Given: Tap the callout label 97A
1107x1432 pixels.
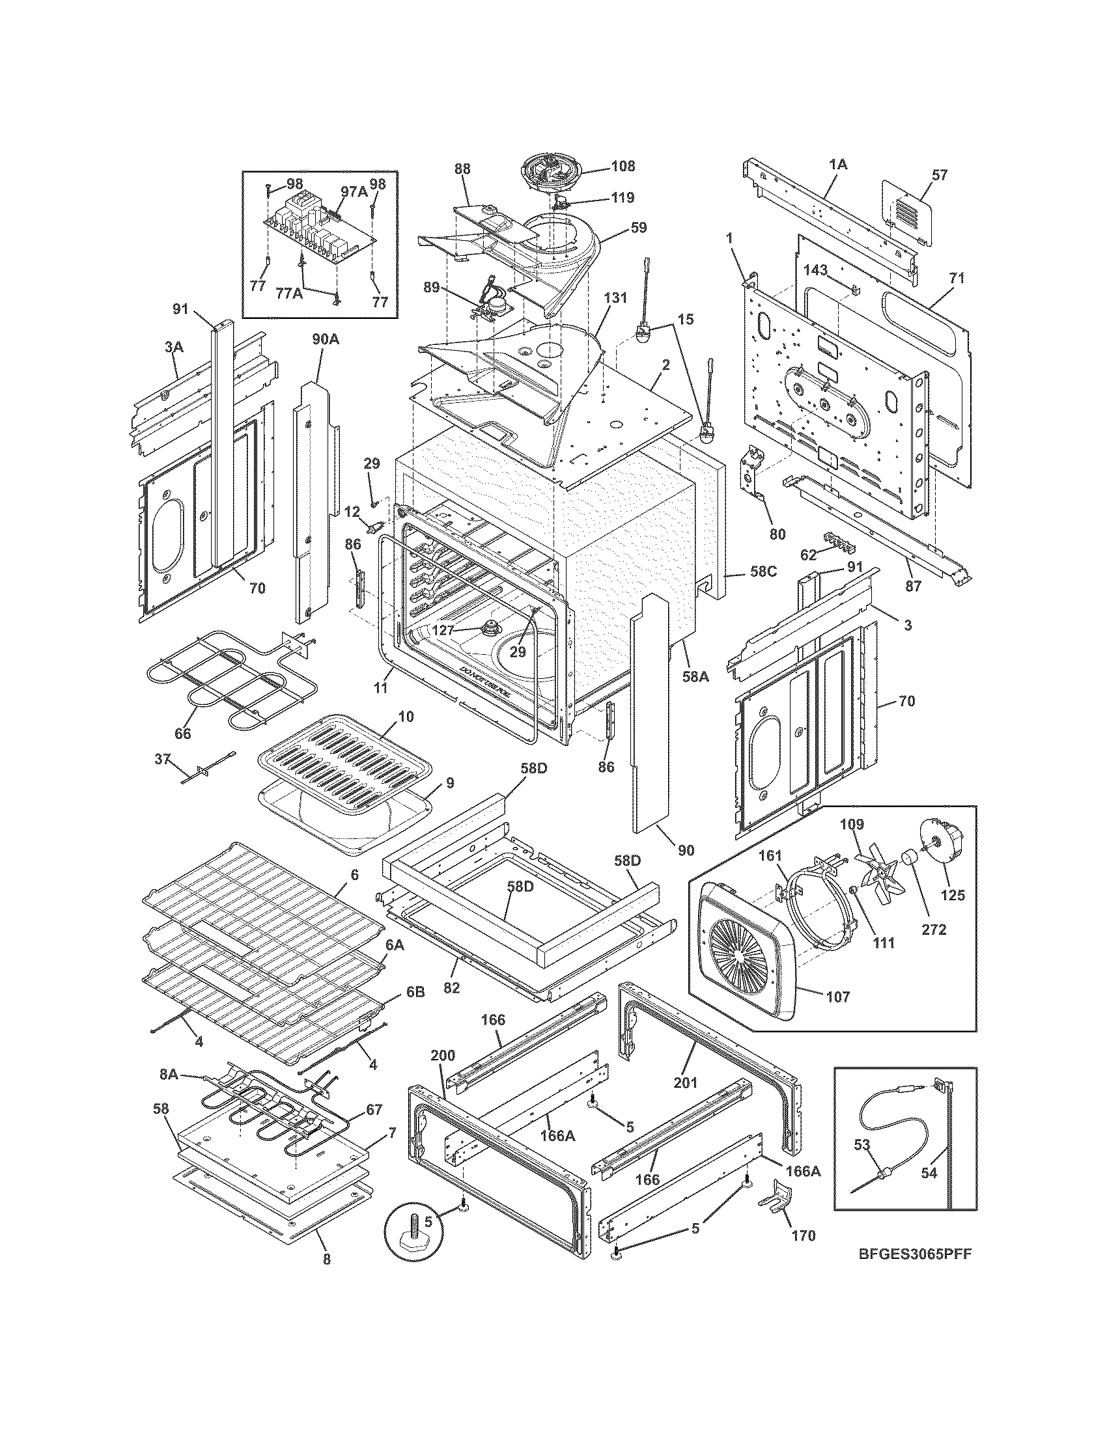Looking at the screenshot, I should click(x=354, y=190).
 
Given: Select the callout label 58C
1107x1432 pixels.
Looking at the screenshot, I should click(x=763, y=570).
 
